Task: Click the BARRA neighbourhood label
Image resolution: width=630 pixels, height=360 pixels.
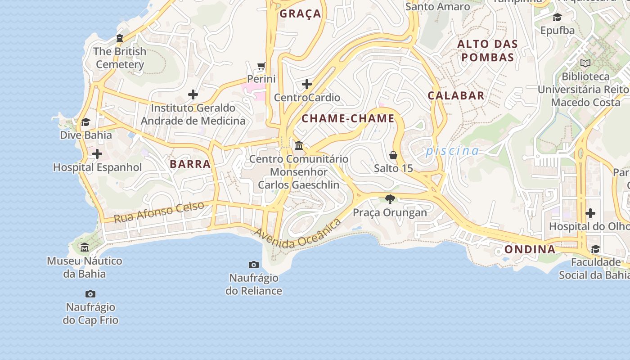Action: (x=190, y=164)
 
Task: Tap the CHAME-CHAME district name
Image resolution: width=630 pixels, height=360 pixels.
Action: (x=348, y=119)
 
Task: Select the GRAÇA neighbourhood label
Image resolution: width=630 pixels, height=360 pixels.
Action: (x=301, y=14)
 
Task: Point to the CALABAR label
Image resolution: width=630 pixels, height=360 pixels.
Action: (x=456, y=95)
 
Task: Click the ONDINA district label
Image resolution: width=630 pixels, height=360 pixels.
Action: (x=530, y=249)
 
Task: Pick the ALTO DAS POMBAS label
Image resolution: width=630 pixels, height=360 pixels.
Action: (x=488, y=51)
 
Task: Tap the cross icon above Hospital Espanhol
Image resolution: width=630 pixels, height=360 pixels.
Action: (x=97, y=154)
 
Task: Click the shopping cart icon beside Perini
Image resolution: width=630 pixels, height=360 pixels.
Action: (x=261, y=67)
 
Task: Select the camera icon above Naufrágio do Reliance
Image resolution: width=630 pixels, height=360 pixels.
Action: (x=254, y=265)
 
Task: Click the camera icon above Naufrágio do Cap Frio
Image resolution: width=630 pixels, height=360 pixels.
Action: (x=90, y=294)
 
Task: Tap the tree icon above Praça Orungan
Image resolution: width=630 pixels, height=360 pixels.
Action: (x=390, y=199)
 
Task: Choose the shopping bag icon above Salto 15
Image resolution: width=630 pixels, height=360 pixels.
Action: (x=393, y=155)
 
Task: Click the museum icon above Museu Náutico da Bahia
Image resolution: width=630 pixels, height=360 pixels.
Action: (x=85, y=247)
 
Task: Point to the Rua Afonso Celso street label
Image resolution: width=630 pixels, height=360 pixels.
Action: (x=159, y=212)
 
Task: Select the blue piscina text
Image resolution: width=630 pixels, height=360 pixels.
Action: (x=452, y=151)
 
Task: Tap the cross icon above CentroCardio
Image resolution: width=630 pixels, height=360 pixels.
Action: (x=307, y=84)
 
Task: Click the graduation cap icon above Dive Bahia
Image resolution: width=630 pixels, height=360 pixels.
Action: (x=85, y=122)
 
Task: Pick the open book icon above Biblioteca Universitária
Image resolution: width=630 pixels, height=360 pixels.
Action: (x=585, y=63)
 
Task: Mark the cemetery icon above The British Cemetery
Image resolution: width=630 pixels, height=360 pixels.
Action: (x=120, y=38)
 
